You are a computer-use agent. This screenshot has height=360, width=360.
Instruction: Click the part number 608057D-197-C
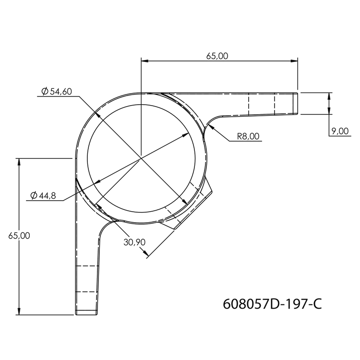point(272,304)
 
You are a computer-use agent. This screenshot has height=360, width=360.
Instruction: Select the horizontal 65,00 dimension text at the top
point(217,56)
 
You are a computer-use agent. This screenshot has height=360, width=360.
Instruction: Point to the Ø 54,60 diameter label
point(57,92)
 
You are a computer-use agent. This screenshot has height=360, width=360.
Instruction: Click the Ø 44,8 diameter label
point(43,195)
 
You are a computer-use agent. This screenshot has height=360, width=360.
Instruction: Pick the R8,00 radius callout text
point(248,136)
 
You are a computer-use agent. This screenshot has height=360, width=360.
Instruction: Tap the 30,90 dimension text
point(134,242)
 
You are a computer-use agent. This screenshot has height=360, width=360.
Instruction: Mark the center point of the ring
point(141,157)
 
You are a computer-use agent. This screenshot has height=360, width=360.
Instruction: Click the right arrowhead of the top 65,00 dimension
point(294,61)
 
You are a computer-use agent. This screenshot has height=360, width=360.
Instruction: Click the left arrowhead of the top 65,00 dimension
point(144,61)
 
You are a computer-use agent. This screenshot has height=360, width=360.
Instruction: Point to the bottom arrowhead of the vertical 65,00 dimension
point(19,312)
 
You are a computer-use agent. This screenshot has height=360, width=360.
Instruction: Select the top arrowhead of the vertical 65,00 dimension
point(19,161)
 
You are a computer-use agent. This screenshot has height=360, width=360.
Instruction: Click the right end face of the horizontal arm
point(296,103)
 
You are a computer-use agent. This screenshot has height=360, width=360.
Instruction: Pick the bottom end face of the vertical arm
point(86,313)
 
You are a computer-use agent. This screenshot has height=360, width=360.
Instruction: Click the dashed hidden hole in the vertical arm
point(87,278)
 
